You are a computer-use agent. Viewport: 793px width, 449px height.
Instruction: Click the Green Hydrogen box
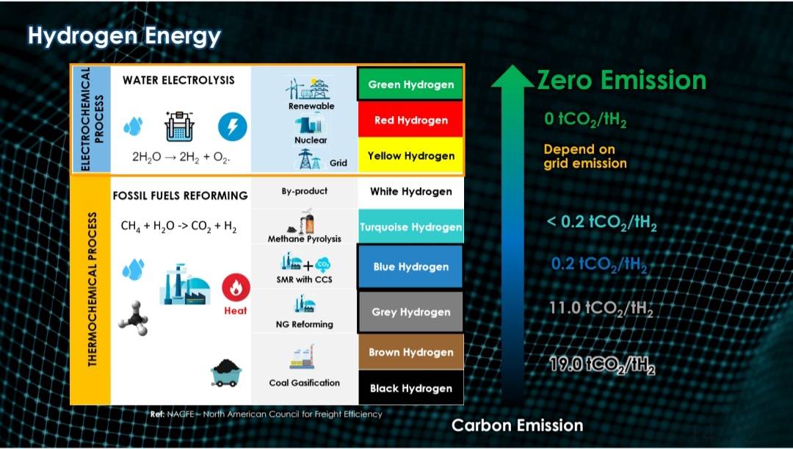tap(410, 84)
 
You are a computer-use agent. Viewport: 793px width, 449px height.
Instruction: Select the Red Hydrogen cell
tap(410, 120)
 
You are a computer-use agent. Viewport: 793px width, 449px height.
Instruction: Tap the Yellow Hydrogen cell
tap(410, 155)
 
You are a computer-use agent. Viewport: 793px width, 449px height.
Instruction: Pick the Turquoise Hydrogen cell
tap(410, 227)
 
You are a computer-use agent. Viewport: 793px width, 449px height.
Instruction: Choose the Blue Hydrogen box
tap(410, 267)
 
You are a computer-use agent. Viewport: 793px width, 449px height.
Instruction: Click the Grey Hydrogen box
tap(410, 312)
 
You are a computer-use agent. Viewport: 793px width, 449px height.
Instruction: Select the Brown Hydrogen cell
tap(410, 352)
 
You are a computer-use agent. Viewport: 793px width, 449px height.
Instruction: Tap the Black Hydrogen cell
tap(410, 388)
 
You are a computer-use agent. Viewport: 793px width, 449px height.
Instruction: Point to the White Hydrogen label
tap(410, 191)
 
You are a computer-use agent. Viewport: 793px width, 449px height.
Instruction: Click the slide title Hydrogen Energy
tap(124, 36)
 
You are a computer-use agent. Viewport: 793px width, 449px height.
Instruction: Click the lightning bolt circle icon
tap(233, 126)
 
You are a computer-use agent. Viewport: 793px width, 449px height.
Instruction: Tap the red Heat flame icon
tap(236, 287)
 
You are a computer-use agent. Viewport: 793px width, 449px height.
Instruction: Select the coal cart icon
tap(226, 373)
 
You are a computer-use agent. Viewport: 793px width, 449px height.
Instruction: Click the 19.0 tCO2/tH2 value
tap(602, 365)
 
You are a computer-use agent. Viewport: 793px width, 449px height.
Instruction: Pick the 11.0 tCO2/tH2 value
tap(601, 309)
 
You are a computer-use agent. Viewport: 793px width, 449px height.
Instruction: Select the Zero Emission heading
tap(622, 80)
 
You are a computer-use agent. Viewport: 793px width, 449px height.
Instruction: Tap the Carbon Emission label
tap(517, 425)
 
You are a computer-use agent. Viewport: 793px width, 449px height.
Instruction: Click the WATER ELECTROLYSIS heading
tap(178, 80)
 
